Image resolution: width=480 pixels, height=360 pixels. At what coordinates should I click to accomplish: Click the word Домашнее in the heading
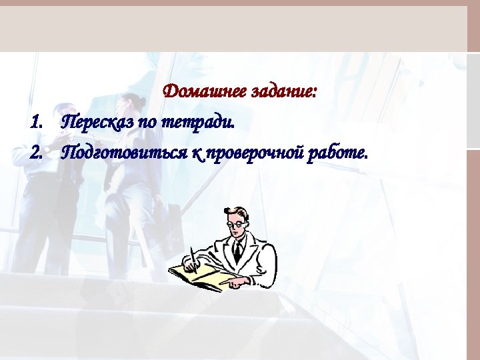205,91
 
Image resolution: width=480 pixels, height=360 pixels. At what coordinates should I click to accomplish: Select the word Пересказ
96,123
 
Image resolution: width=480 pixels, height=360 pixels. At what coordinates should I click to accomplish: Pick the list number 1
36,123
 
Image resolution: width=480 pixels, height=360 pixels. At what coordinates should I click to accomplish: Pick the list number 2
36,154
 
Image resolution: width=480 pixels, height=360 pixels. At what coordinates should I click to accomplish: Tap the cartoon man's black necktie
237,251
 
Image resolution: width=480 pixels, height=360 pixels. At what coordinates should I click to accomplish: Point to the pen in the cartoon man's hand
193,257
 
